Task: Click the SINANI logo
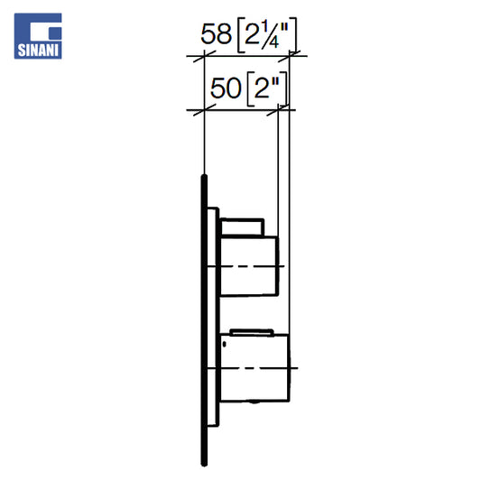pyautogui.click(x=38, y=36)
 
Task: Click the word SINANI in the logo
pyautogui.click(x=38, y=51)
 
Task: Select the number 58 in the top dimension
pyautogui.click(x=216, y=33)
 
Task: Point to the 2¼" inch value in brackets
pyautogui.click(x=267, y=34)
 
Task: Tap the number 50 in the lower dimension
pyautogui.click(x=226, y=88)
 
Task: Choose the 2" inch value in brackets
pyautogui.click(x=267, y=88)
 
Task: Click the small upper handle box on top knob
pyautogui.click(x=243, y=227)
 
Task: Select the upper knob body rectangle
pyautogui.click(x=249, y=266)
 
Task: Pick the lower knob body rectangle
pyautogui.click(x=254, y=367)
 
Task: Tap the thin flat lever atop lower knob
pyautogui.click(x=252, y=332)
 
